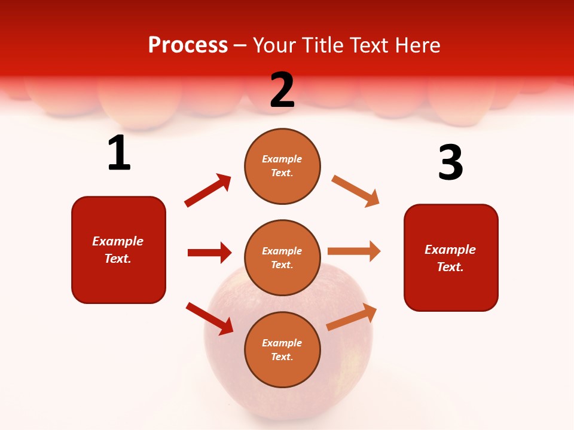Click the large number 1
(119, 153)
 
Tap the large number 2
(282, 90)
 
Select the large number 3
(450, 162)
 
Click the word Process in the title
(188, 45)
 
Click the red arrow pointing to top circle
(208, 191)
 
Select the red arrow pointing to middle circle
(209, 253)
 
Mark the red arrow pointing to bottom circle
(209, 318)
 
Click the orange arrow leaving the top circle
(355, 191)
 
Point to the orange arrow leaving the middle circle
(354, 251)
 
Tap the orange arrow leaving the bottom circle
(352, 317)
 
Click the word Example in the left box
(118, 241)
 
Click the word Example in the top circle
(282, 159)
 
